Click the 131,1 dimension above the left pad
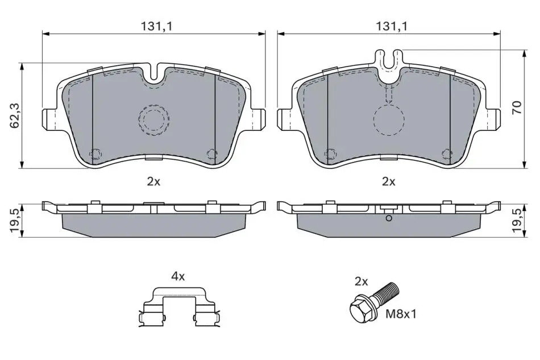(x=156, y=26)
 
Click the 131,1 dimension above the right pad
(x=391, y=26)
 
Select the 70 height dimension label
(x=517, y=108)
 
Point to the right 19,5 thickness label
(x=518, y=221)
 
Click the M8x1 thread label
(x=401, y=314)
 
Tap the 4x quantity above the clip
(x=178, y=276)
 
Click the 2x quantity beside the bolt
(x=362, y=282)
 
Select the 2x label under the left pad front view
(x=153, y=181)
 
